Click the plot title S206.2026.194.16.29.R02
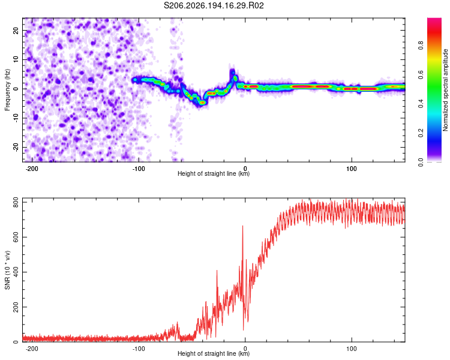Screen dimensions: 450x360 point(214,5)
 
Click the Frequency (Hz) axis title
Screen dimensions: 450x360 point(7,90)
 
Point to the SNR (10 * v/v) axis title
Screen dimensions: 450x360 point(7,270)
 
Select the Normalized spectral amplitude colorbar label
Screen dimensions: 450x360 point(445,90)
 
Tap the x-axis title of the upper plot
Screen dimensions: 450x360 point(214,173)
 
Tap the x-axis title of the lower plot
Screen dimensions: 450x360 point(214,353)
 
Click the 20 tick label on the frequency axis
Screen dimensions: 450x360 point(16,30)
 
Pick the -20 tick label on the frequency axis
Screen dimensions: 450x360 point(16,147)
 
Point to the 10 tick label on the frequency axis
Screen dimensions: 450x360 point(16,59)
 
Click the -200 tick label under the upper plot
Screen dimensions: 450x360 point(32,169)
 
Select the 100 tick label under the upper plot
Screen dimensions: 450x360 point(351,169)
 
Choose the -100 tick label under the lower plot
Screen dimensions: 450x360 point(139,349)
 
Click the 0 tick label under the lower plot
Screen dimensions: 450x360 point(245,349)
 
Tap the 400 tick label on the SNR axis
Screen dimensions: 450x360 point(16,272)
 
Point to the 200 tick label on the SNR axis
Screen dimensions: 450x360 point(16,307)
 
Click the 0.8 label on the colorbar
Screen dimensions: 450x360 point(421,46)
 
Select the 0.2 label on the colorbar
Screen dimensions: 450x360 point(421,133)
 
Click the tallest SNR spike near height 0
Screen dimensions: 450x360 point(243,226)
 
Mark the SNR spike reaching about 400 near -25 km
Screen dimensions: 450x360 point(217,271)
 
